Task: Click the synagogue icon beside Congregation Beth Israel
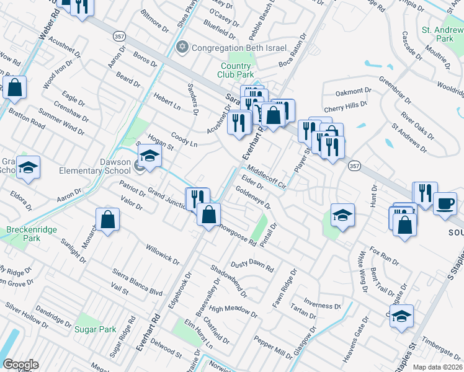coord(182,47)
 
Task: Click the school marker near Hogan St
coord(149,156)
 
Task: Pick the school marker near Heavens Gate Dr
coord(401,316)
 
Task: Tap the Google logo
coord(20,365)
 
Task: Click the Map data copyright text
coord(437,366)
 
